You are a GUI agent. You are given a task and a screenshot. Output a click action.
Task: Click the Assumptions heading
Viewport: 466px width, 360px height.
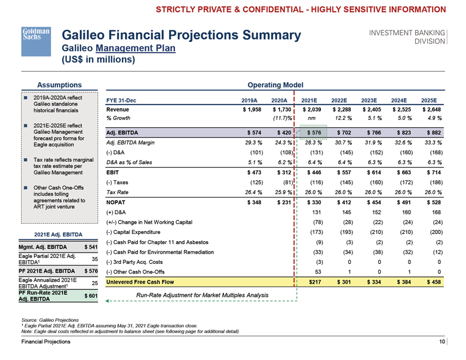click(59, 84)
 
